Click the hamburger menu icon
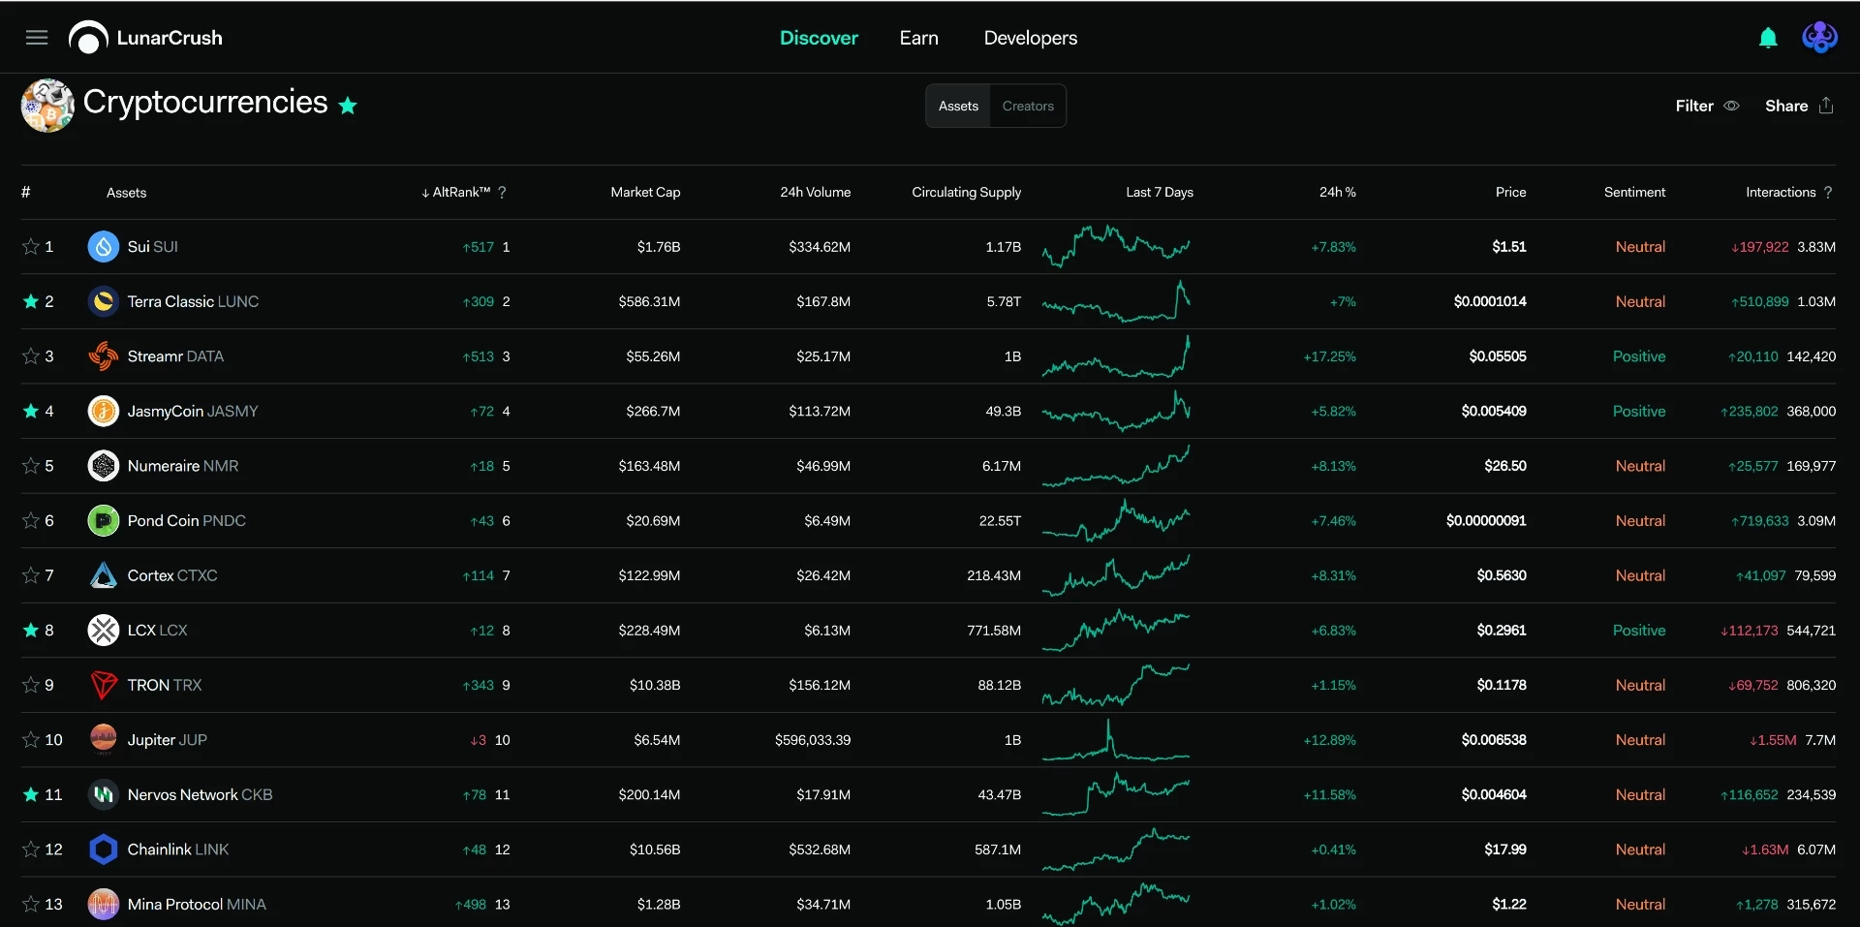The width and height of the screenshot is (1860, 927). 37,38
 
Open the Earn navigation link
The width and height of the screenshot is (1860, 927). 918,38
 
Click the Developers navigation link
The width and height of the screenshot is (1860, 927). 1030,38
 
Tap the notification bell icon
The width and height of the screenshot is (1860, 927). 1768,38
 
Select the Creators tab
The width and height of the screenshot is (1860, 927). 1028,106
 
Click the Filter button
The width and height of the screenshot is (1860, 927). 1707,106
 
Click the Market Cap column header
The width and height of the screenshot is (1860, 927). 645,192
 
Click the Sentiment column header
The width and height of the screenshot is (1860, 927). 1634,192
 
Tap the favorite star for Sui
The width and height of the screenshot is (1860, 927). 31,247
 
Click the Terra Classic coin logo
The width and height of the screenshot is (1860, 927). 104,301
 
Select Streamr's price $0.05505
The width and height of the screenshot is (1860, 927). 1497,356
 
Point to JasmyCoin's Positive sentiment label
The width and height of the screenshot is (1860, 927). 1639,411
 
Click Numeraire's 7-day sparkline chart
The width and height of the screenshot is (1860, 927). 1116,466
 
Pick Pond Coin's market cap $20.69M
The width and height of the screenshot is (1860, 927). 653,521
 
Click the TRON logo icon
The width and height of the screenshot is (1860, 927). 104,685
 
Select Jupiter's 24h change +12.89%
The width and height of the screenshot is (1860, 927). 1329,740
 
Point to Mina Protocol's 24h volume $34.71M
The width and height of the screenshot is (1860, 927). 823,905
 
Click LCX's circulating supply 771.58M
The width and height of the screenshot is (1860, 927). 994,631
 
